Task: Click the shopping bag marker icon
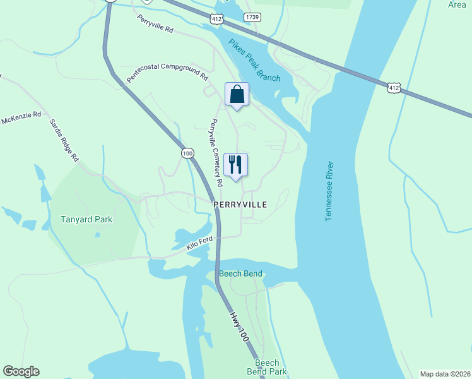237,95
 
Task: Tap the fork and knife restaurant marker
235,165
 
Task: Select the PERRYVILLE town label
240,205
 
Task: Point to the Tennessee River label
329,191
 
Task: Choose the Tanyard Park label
86,220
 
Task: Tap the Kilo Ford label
201,244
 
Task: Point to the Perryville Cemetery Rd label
217,152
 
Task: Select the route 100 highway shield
187,153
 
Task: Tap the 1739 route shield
252,17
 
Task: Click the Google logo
21,371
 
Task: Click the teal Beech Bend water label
240,274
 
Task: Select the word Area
456,4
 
